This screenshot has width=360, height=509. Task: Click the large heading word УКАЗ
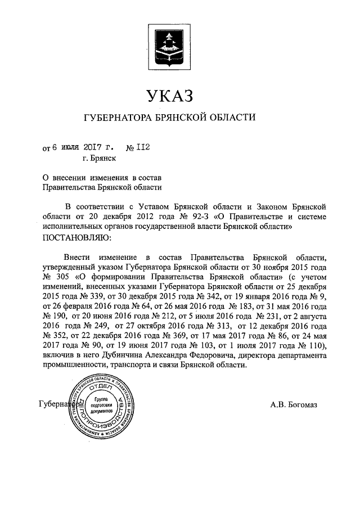pos(169,96)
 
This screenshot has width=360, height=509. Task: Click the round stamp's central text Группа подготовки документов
pos(102,405)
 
